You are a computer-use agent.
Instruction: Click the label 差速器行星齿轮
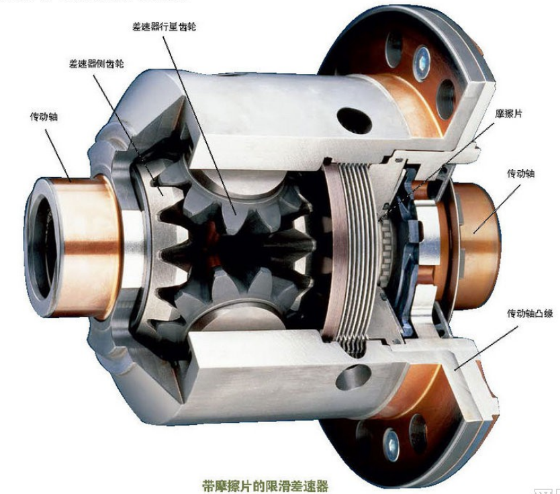coord(165,27)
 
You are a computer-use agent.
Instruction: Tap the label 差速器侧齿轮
coord(96,64)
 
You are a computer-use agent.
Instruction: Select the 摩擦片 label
coord(508,113)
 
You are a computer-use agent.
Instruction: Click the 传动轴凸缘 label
coord(530,313)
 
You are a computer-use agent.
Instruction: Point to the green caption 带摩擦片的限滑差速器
coord(265,485)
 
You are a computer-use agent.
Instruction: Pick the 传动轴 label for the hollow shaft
coord(44,117)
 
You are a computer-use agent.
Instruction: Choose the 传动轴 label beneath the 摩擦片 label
coord(520,173)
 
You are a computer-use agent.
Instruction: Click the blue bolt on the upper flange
coord(422,62)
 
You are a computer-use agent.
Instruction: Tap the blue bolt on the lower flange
coord(391,445)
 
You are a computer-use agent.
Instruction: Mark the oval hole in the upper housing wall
coord(355,120)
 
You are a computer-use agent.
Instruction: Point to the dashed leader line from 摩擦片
coord(436,172)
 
